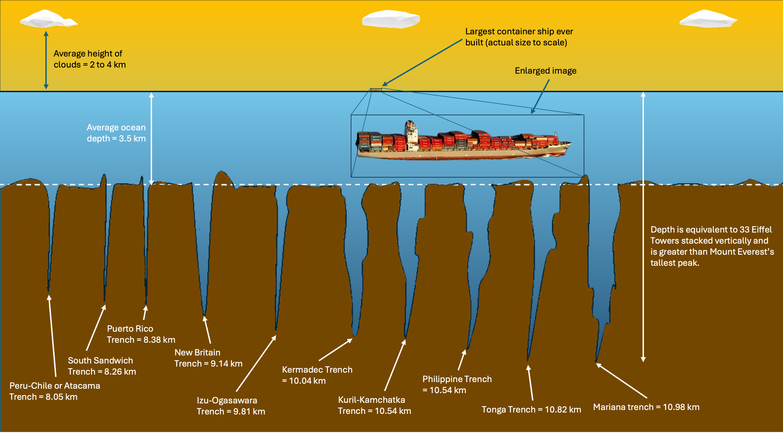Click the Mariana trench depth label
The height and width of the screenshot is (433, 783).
click(x=646, y=407)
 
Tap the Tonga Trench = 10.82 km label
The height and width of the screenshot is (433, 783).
click(x=531, y=409)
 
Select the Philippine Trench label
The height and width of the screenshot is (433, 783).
click(x=456, y=385)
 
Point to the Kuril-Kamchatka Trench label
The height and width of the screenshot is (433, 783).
click(x=374, y=405)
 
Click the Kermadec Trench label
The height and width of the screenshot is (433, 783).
click(x=317, y=375)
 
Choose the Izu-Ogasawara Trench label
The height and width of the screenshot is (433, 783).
click(x=231, y=406)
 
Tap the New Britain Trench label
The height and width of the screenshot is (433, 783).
click(x=208, y=358)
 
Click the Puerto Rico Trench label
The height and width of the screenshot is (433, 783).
click(x=141, y=334)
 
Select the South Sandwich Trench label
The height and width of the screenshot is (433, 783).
click(x=101, y=366)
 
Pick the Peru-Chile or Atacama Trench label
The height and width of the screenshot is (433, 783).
click(x=54, y=391)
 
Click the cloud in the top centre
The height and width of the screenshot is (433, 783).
click(x=391, y=19)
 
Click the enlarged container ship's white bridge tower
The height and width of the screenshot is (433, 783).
click(x=411, y=134)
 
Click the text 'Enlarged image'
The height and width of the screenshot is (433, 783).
click(x=545, y=71)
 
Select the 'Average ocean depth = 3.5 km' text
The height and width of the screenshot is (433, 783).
click(x=116, y=133)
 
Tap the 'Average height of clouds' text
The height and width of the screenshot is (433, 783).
click(x=89, y=59)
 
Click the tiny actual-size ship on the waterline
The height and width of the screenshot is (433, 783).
click(x=376, y=90)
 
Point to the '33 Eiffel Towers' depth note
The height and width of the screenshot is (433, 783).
click(x=712, y=246)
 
